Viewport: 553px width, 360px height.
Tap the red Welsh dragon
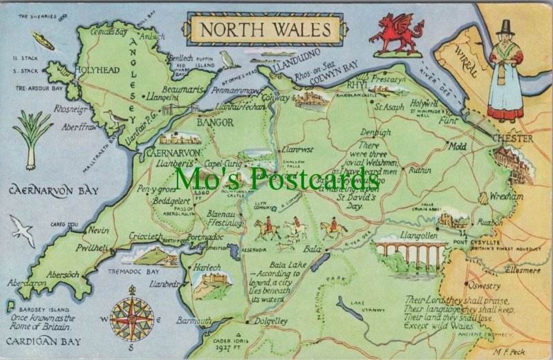pos(396,35)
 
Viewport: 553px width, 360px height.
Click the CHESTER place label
pos(512,139)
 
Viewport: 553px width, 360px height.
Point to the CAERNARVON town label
pos(173,152)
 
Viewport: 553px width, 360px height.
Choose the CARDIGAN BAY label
pos(41,341)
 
